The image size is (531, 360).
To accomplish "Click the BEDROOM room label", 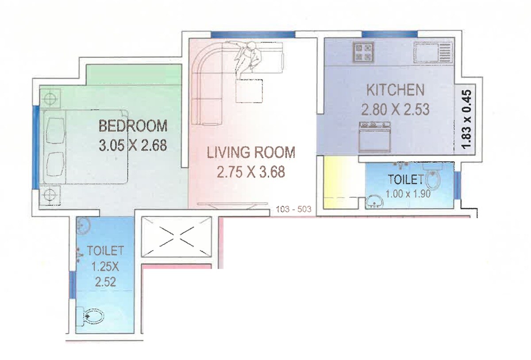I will point(133,126).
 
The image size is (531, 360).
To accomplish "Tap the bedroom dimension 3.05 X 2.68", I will point(133,145).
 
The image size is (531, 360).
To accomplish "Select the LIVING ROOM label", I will point(251,153).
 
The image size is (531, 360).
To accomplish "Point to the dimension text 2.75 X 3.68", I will point(251,172).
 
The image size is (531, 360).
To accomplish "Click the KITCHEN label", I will point(395,90).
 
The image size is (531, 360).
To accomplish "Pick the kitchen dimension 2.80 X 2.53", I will point(395,109).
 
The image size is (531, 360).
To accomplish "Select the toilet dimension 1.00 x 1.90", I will point(408,193).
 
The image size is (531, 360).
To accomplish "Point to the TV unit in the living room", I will point(233,204).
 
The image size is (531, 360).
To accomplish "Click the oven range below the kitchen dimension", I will point(375,137).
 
